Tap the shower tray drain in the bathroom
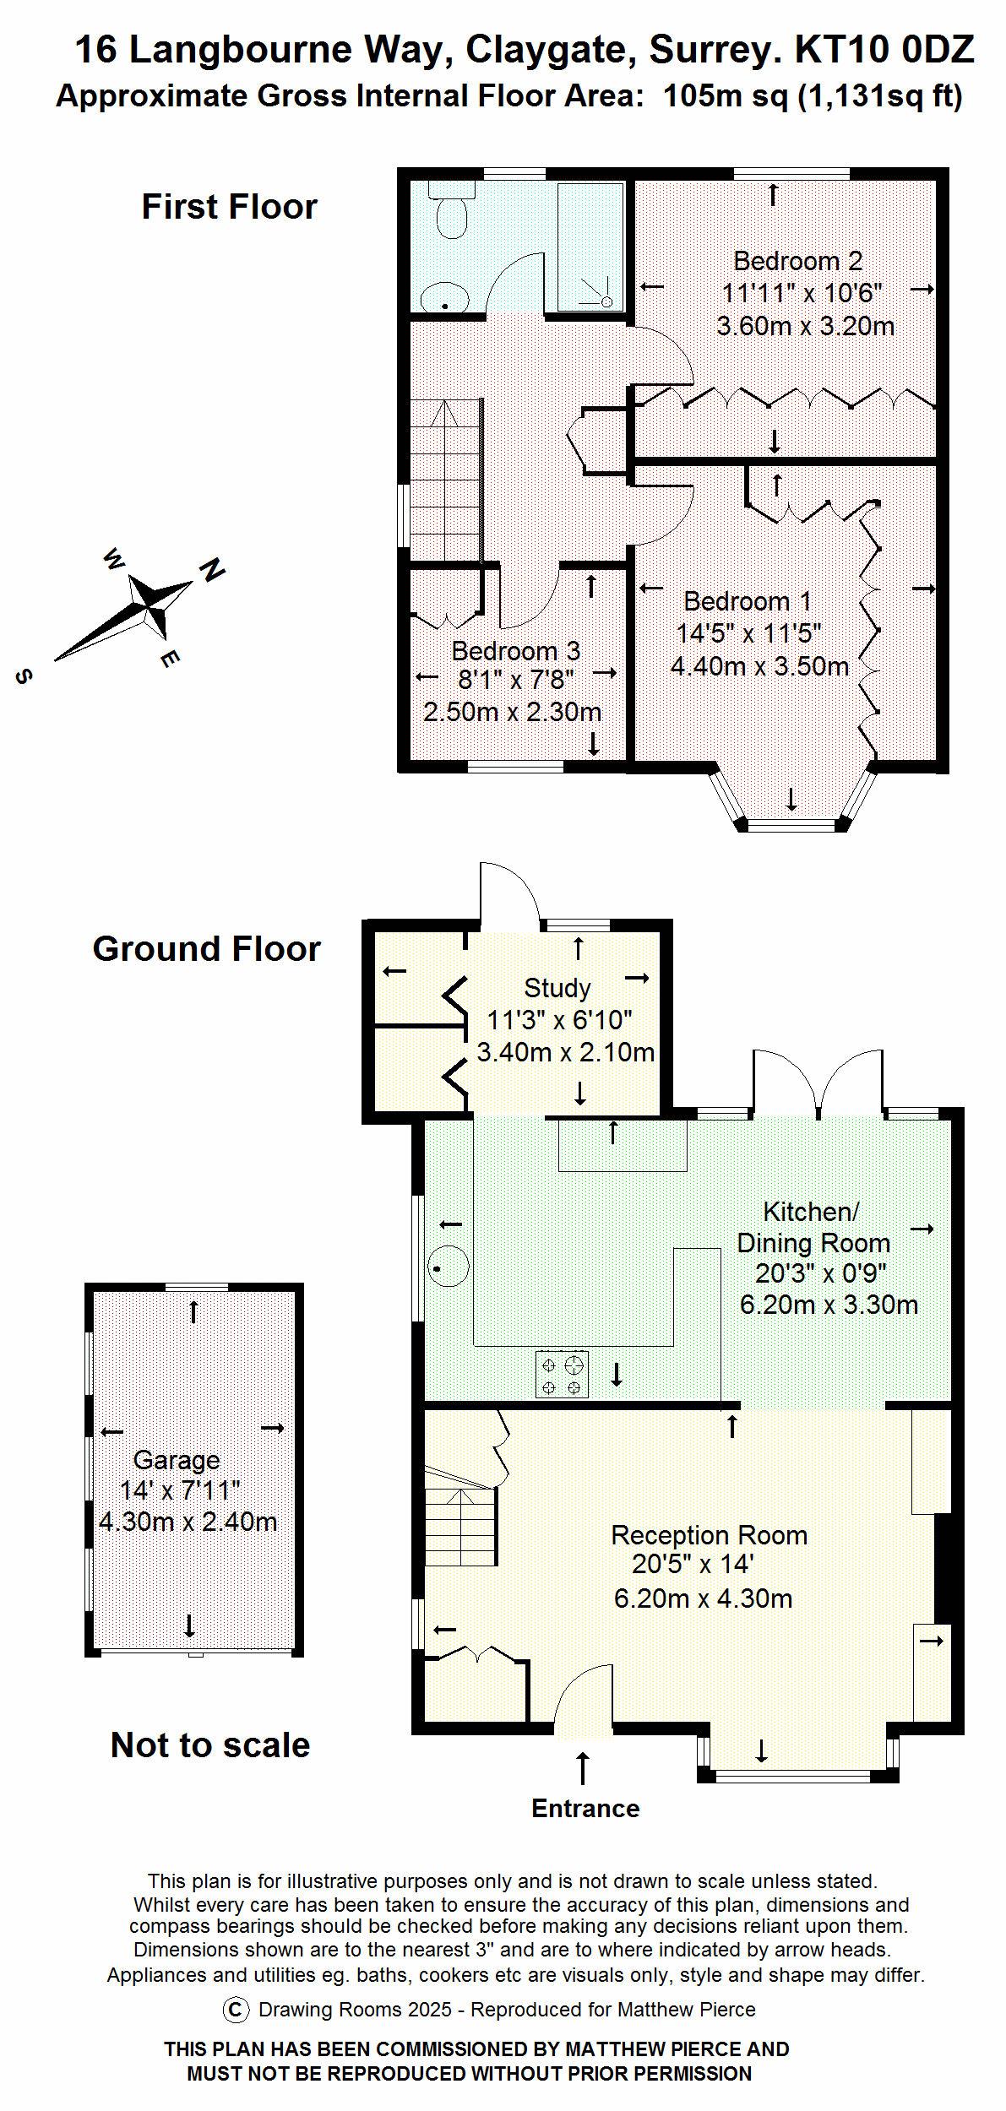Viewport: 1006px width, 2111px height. coord(606,301)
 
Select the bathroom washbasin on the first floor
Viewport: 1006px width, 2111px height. coord(444,297)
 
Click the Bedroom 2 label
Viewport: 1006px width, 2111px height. coord(797,261)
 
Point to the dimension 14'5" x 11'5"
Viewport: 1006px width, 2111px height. coord(748,633)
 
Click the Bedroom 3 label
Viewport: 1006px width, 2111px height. coord(515,651)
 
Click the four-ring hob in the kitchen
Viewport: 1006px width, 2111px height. coord(562,1374)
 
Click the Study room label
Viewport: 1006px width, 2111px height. coord(557,988)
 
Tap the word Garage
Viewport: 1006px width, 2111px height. coord(177,1460)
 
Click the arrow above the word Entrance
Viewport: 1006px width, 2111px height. coord(583,1767)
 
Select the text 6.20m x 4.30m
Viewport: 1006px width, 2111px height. coord(703,1598)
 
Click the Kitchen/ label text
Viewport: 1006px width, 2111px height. coord(810,1212)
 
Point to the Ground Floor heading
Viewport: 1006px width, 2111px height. coord(206,949)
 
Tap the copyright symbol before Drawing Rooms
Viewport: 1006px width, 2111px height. coord(236,2009)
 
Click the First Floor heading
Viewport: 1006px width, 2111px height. coord(229,207)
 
